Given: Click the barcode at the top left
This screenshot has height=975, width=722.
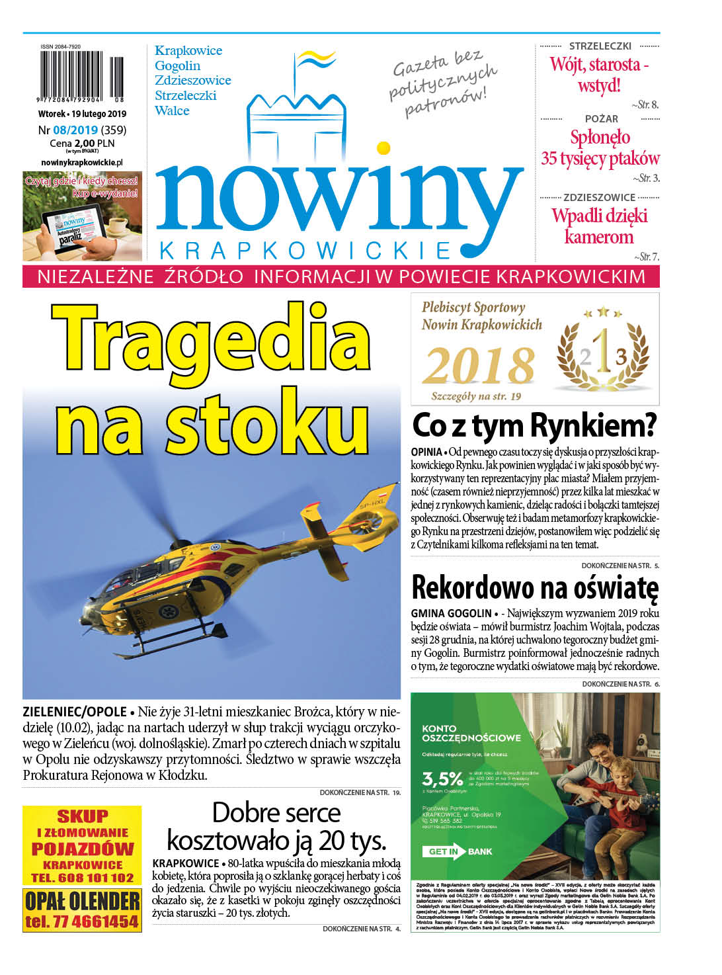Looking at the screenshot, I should (81, 77).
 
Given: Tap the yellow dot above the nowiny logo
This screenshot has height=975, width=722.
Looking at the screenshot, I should (383, 148).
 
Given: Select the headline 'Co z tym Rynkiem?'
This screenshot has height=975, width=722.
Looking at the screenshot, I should (534, 425).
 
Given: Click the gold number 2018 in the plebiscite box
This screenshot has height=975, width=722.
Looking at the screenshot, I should (479, 366).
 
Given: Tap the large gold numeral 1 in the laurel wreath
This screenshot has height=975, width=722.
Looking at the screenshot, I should (602, 351).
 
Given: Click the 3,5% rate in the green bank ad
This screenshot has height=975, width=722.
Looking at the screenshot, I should (442, 778).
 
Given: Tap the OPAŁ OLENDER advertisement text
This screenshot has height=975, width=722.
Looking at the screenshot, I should (82, 901).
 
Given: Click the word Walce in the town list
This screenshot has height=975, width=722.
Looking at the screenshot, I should (172, 110).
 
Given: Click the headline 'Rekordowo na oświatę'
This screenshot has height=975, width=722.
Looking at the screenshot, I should (534, 587).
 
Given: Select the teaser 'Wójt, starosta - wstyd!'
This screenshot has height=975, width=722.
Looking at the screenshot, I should (599, 75).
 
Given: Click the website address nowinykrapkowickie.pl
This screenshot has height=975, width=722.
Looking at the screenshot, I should (81, 162).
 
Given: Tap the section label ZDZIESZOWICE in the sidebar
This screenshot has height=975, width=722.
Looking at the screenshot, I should (599, 197).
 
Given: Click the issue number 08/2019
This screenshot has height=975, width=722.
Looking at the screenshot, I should (75, 130).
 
